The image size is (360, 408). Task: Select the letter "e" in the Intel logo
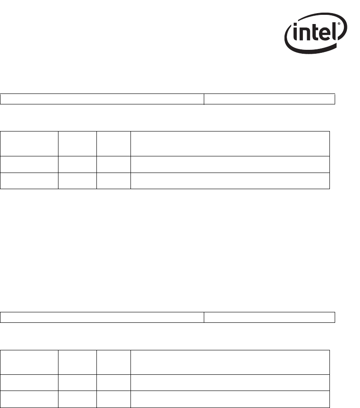(326, 35)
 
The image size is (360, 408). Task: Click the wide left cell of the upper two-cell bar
(102, 99)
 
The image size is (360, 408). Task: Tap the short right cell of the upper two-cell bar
(269, 99)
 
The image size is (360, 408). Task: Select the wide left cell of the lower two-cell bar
(102, 317)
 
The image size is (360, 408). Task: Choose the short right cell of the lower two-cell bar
(269, 317)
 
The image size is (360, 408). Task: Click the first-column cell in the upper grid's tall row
(29, 143)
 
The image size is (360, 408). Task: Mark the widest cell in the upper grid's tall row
(230, 143)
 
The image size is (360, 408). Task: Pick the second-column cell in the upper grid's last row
(77, 180)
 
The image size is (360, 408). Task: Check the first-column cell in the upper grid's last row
(29, 180)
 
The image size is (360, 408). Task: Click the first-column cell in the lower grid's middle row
(29, 382)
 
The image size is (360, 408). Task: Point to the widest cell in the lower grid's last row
(230, 399)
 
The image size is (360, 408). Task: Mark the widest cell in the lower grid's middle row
(230, 382)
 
